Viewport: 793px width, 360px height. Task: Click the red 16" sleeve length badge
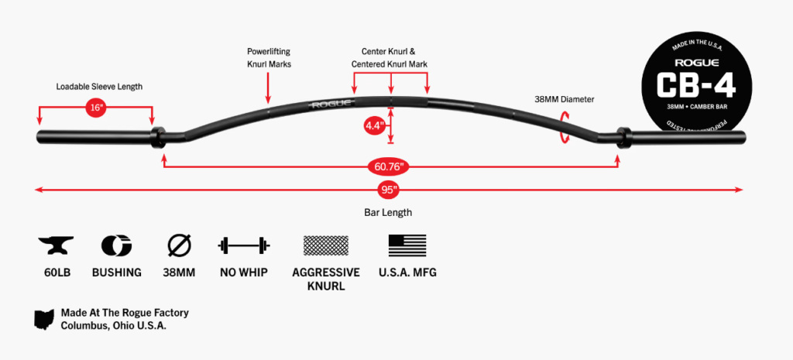[96, 108]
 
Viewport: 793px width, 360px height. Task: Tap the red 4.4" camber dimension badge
[373, 124]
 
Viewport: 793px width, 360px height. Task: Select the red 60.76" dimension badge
[390, 166]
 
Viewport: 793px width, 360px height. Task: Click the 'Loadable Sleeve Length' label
[99, 87]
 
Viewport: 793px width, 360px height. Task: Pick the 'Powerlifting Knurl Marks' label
[267, 58]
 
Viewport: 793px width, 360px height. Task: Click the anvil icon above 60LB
[56, 246]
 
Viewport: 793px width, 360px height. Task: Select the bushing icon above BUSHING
[116, 246]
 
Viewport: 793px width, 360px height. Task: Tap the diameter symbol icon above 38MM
[179, 246]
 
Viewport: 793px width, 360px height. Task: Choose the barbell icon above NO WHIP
[243, 246]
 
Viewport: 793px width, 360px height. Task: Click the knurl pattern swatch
[325, 246]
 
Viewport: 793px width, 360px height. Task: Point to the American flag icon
[407, 246]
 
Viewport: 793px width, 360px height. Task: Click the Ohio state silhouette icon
[43, 319]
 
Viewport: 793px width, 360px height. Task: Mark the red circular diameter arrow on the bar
[565, 126]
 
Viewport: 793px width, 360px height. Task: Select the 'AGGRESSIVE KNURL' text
[326, 279]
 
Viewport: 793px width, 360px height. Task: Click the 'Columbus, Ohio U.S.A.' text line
[114, 326]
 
